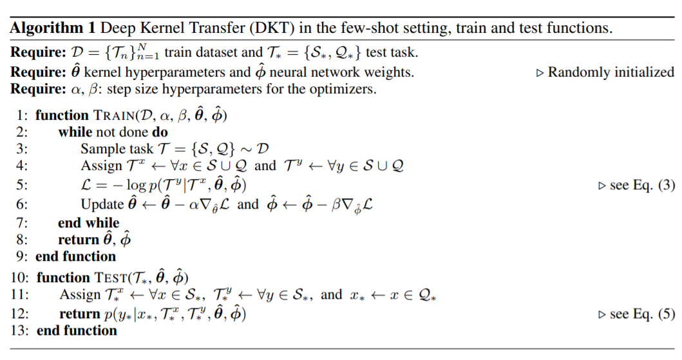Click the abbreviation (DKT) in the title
coord(274,28)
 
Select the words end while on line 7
coord(88,223)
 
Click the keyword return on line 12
coord(81,314)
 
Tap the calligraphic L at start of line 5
coord(86,185)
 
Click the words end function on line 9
coord(76,256)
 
